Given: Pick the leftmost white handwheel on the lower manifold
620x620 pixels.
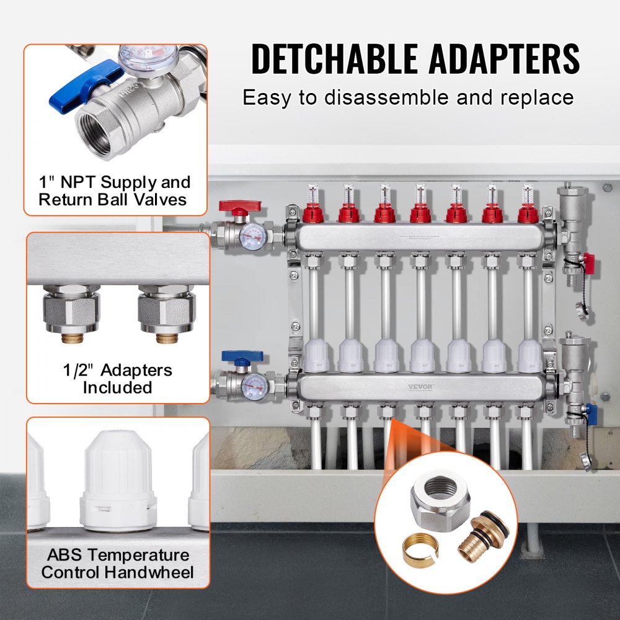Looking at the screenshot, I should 315,356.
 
